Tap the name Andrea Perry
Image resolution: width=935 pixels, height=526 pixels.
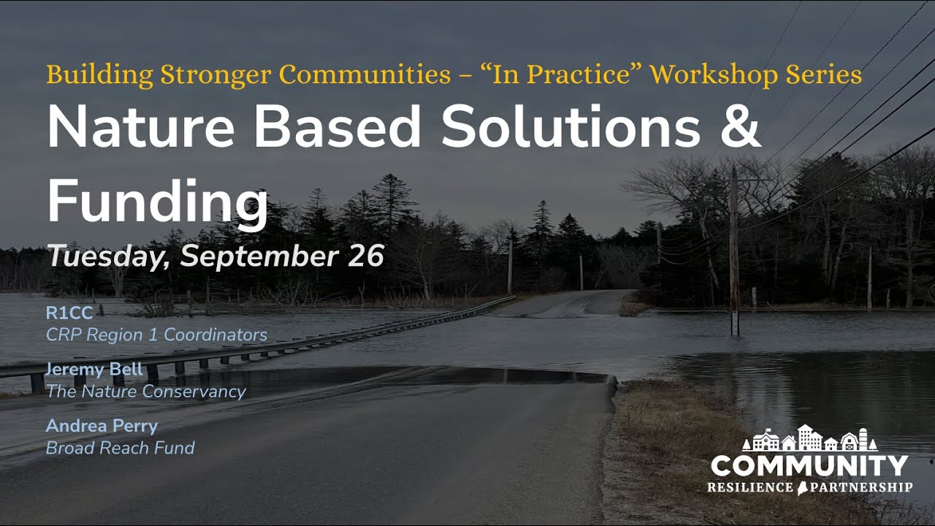point(102,426)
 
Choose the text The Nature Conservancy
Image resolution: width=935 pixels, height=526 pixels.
point(145,392)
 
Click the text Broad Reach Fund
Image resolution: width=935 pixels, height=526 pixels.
point(120,447)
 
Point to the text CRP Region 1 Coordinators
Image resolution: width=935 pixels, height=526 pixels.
point(156,335)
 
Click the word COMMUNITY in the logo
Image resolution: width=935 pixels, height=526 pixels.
point(809,465)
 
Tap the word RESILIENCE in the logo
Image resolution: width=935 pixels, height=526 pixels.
point(749,487)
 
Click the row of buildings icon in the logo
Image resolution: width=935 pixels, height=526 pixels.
point(809,438)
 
